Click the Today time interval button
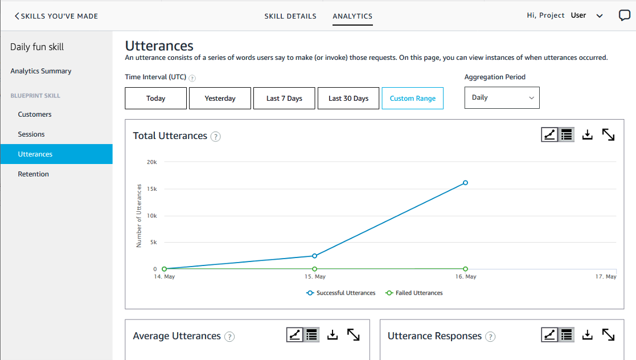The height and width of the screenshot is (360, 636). pyautogui.click(x=155, y=99)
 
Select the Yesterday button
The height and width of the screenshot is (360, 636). pyautogui.click(x=220, y=99)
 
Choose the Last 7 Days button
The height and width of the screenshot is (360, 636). pyautogui.click(x=284, y=99)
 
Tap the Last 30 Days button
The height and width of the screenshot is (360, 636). pyautogui.click(x=348, y=99)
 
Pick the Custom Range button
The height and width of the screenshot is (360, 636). pyautogui.click(x=413, y=99)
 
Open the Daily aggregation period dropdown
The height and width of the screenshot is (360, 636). pyautogui.click(x=502, y=97)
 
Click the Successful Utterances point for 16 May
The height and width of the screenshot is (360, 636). pyautogui.click(x=465, y=183)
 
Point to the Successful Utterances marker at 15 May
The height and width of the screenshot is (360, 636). pyautogui.click(x=314, y=256)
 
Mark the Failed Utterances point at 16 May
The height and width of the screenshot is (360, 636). pyautogui.click(x=465, y=269)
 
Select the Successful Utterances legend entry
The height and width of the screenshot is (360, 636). pyautogui.click(x=341, y=293)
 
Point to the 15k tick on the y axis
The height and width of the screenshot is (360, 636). pyautogui.click(x=151, y=189)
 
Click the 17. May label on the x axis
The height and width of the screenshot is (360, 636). pyautogui.click(x=606, y=277)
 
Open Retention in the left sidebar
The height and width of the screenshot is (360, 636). pyautogui.click(x=34, y=174)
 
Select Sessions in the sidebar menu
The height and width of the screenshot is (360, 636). pyautogui.click(x=31, y=134)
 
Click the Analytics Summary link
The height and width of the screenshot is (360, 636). pyautogui.click(x=41, y=71)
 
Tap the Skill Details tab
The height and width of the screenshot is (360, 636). pyautogui.click(x=290, y=17)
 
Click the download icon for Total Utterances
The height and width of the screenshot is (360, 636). pyautogui.click(x=588, y=134)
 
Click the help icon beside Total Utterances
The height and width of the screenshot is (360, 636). pyautogui.click(x=215, y=136)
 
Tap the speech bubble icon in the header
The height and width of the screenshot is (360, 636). pyautogui.click(x=625, y=16)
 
